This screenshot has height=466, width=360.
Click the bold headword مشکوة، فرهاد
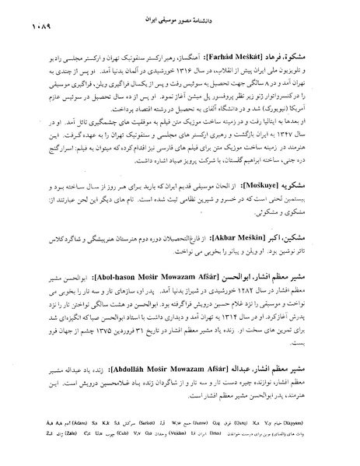tap(306, 59)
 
